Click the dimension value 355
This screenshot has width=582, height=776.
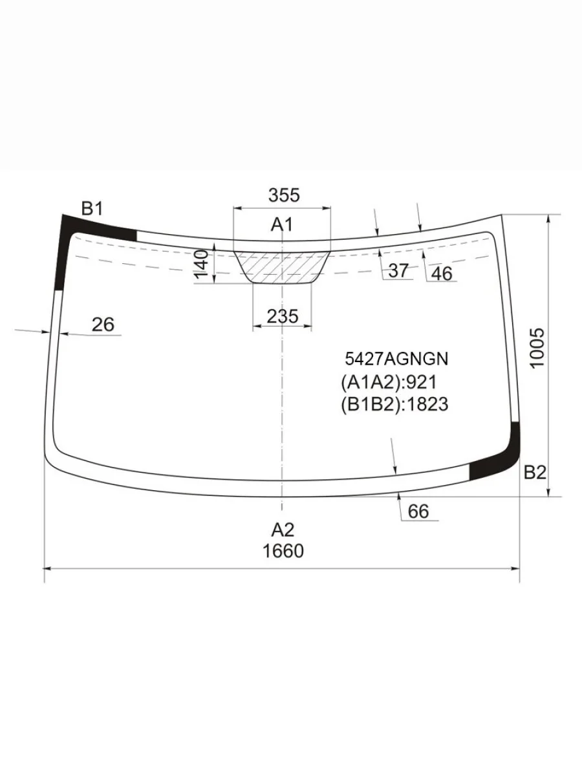tap(284, 195)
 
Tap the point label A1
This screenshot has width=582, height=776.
tap(282, 224)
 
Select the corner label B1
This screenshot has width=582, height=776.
tap(92, 209)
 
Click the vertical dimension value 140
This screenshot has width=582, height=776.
tap(202, 264)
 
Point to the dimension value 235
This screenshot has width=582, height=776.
tap(283, 316)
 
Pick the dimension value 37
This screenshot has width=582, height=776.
tap(398, 270)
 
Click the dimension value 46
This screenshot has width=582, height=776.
tap(442, 274)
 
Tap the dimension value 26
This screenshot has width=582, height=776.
tap(103, 324)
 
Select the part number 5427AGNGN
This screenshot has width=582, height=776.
tap(396, 359)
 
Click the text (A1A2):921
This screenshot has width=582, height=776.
tap(389, 382)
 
